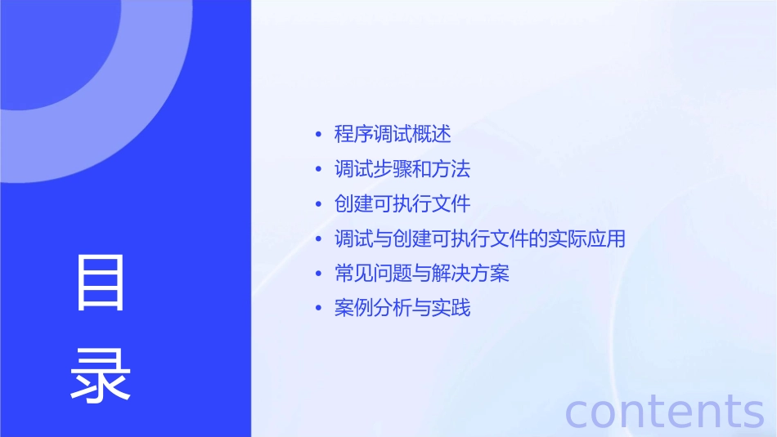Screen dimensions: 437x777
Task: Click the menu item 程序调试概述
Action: pyautogui.click(x=393, y=134)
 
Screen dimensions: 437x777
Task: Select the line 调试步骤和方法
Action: pyautogui.click(x=402, y=169)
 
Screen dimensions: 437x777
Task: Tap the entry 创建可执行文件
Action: pyautogui.click(x=402, y=203)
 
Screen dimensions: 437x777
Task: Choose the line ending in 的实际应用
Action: pyautogui.click(x=480, y=239)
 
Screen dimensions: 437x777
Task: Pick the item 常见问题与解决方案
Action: pyautogui.click(x=422, y=273)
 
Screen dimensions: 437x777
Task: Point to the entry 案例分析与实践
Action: pyautogui.click(x=402, y=308)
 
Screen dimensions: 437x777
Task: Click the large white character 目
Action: pyautogui.click(x=101, y=283)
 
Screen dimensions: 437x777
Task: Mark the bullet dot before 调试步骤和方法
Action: pyautogui.click(x=318, y=170)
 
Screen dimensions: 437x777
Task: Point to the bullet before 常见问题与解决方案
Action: pyautogui.click(x=318, y=274)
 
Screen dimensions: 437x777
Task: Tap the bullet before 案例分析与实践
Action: pyautogui.click(x=318, y=309)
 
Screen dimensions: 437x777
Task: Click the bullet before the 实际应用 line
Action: pyautogui.click(x=318, y=239)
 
